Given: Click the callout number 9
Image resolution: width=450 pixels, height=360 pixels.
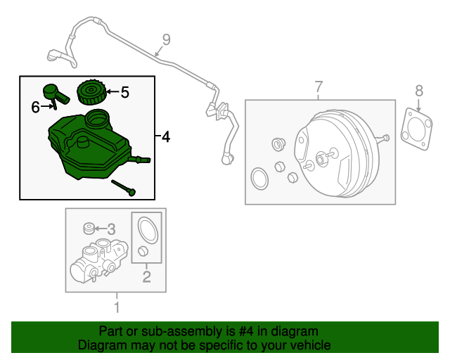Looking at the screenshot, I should point(166,40).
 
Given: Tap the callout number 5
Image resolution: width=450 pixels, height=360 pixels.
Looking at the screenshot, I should point(125,91).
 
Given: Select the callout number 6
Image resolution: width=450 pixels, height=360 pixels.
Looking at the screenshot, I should point(35,107).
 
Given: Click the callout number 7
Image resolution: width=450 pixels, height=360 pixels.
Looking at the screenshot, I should point(318,87).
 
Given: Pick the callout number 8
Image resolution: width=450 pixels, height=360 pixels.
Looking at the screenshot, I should point(419,90).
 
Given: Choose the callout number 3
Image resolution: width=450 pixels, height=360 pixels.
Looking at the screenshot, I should point(111,229).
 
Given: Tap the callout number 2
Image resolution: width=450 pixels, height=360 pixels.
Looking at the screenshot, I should point(147,276).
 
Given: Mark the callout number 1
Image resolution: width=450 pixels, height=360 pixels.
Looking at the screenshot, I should point(117,307).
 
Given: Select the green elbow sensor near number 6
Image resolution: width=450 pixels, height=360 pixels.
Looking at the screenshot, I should point(53,93).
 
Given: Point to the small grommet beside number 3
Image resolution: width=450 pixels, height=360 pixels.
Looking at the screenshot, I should point(89,228).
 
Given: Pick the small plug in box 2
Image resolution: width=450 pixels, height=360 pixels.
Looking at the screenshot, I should point(143,252).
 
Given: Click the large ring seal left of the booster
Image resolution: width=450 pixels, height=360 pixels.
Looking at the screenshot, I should point(259,179).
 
